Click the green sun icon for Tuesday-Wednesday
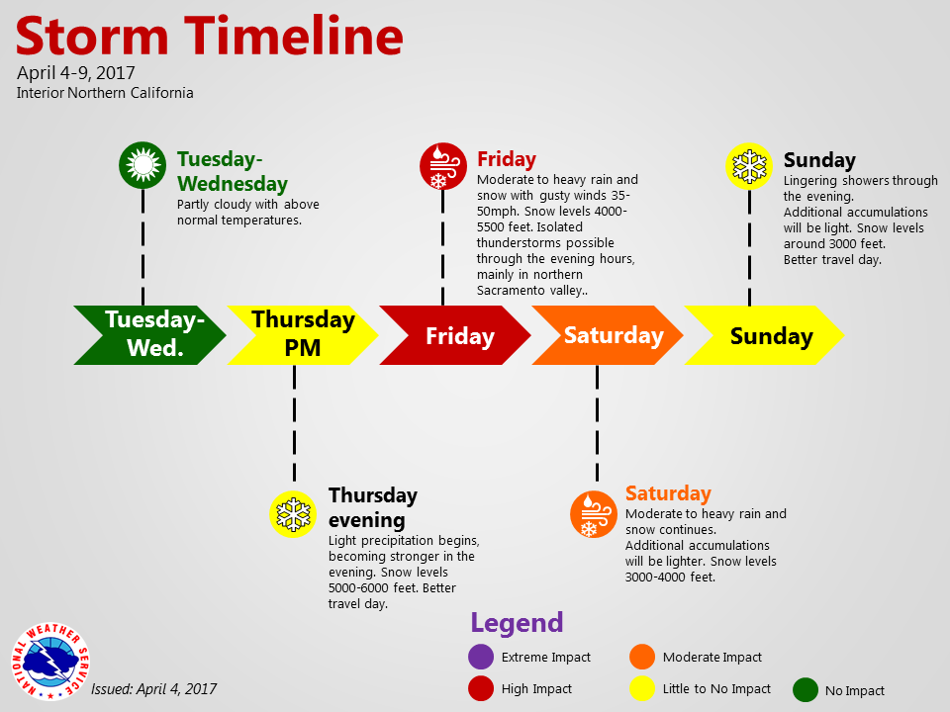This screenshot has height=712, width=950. click(x=142, y=165)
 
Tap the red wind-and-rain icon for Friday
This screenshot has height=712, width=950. click(x=443, y=166)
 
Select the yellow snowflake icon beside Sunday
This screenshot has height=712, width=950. click(x=749, y=166)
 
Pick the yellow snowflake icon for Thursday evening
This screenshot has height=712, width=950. click(x=293, y=514)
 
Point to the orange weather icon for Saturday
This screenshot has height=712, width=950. click(x=594, y=514)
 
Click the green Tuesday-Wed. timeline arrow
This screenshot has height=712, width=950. click(x=149, y=335)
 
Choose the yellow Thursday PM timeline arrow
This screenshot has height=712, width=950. click(x=303, y=335)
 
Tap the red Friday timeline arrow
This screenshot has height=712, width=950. click(x=455, y=335)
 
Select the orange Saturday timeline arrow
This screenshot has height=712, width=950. click(x=608, y=335)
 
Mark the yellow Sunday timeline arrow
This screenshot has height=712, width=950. click(x=764, y=335)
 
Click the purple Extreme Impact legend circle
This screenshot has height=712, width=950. click(x=481, y=657)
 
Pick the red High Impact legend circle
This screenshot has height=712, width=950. click(x=481, y=688)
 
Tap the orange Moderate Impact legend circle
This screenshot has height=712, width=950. click(x=642, y=657)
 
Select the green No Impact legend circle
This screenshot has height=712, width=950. click(x=806, y=689)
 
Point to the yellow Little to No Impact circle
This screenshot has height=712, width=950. click(x=642, y=688)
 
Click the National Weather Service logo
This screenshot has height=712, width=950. click(x=50, y=662)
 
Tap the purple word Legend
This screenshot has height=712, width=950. click(x=517, y=623)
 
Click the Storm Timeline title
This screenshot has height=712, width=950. click(x=210, y=36)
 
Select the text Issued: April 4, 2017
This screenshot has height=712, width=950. click(x=154, y=689)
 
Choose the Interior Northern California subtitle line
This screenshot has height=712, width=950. click(x=105, y=93)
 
